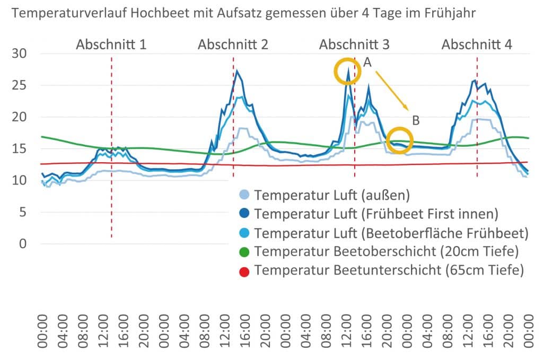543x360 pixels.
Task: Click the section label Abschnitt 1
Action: tap(111, 45)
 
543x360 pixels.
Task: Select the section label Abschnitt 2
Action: tap(233, 45)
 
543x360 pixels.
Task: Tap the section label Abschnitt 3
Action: tap(354, 45)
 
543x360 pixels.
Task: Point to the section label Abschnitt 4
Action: tap(477, 45)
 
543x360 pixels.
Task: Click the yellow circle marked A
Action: tap(348, 72)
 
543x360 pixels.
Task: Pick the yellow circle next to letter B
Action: tap(400, 141)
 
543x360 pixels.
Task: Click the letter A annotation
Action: tap(367, 63)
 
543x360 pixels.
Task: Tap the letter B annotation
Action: tap(416, 120)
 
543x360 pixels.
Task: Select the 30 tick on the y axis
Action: tap(24, 54)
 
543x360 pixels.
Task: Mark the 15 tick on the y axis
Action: tap(24, 149)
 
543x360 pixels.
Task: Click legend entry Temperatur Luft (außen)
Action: tap(332, 195)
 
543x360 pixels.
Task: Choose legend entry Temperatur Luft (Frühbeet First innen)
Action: tap(376, 214)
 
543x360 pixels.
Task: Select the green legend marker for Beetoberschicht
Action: tap(243, 251)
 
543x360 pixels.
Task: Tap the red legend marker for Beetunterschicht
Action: tap(243, 270)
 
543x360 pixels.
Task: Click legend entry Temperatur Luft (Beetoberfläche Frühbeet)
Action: tap(391, 233)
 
